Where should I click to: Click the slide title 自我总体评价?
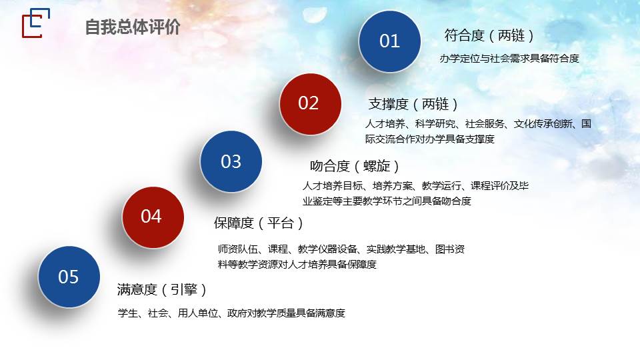click(133, 27)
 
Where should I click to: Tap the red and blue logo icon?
click(36, 23)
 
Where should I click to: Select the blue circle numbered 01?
click(389, 41)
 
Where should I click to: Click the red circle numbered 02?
click(310, 104)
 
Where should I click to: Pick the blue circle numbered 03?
click(231, 161)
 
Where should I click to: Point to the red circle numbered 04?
click(153, 217)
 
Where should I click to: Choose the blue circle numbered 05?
click(69, 277)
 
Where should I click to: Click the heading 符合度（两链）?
click(489, 35)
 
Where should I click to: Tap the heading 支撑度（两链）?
click(413, 104)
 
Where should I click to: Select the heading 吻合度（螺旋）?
click(354, 166)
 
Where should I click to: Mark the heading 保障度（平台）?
click(259, 223)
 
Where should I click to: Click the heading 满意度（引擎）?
click(161, 289)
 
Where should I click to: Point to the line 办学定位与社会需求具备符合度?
click(509, 59)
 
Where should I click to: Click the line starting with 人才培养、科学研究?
click(478, 124)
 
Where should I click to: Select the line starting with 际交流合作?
click(430, 139)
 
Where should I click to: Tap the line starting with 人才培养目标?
click(415, 186)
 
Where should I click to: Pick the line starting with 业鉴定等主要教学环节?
click(387, 201)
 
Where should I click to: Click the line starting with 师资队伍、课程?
click(341, 249)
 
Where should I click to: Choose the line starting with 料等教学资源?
click(297, 265)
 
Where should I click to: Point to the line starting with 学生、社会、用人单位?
click(231, 313)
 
